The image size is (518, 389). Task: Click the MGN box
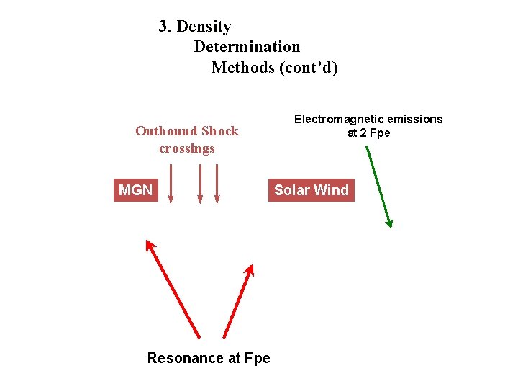coord(135,190)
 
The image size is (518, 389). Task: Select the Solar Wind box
coord(311,190)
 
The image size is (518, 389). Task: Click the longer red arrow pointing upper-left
coord(173,288)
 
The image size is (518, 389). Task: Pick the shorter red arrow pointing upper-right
coord(239,300)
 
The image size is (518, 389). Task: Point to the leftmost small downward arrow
coord(171,184)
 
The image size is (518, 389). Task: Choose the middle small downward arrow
coord(201,184)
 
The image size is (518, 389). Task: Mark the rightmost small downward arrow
coord(217,184)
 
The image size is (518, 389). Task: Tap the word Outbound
coord(166,131)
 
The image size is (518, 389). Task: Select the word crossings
coord(187,148)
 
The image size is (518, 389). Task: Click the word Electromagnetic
coord(338,119)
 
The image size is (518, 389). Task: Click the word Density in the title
coord(204,27)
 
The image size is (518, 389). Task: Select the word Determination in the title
coord(247,47)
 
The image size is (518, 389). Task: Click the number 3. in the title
coord(165,27)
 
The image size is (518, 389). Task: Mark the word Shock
coord(220,131)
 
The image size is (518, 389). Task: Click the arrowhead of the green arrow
coord(389,223)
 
